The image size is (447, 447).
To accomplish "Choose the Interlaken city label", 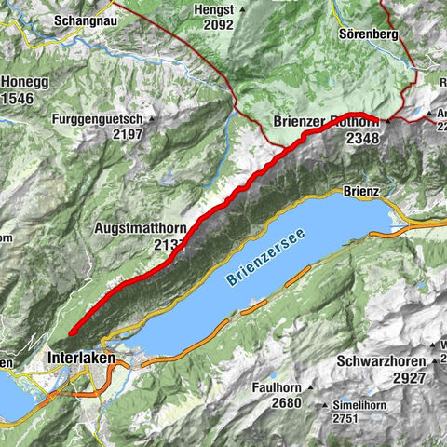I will pyautogui.click(x=85, y=357).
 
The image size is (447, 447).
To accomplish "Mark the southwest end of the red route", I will pyautogui.click(x=71, y=332).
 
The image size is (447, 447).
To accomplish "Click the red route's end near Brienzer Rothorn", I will pyautogui.click(x=377, y=118).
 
